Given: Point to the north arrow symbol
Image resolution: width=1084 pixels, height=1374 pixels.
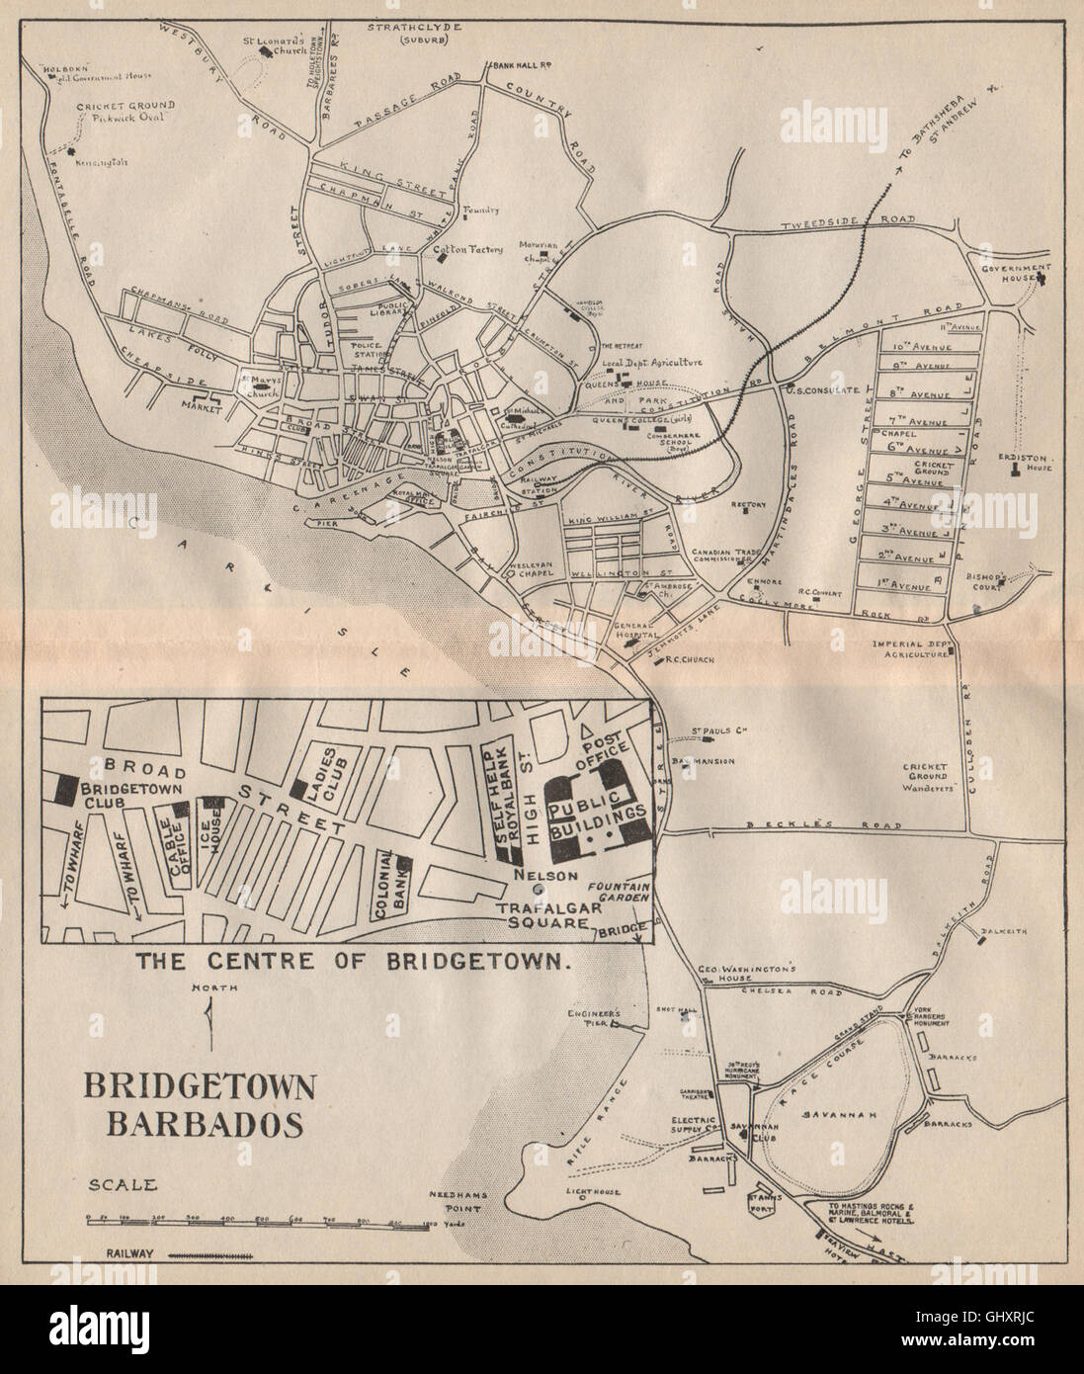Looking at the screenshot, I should click(208, 1019).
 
